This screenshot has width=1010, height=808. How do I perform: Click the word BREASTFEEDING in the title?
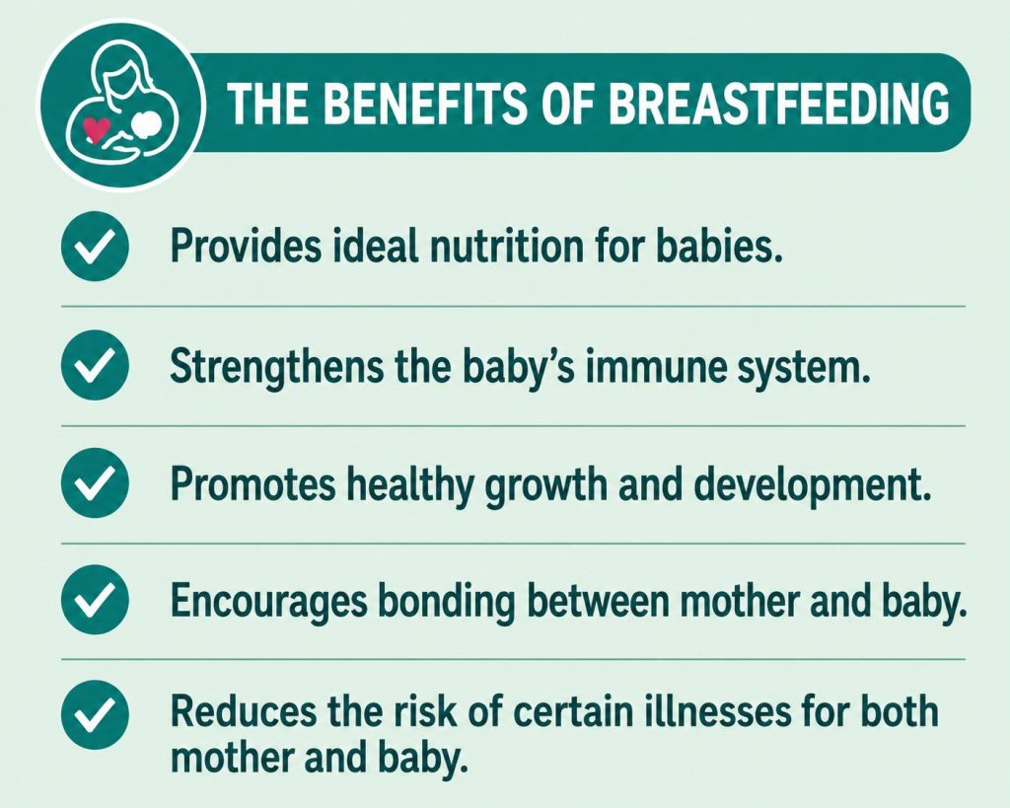(778, 103)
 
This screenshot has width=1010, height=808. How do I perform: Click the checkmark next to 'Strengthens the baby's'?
(95, 365)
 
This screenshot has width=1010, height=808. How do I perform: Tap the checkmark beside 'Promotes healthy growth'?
(95, 483)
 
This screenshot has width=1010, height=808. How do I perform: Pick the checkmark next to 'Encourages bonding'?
(95, 600)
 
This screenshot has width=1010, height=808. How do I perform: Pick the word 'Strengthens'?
(277, 369)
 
